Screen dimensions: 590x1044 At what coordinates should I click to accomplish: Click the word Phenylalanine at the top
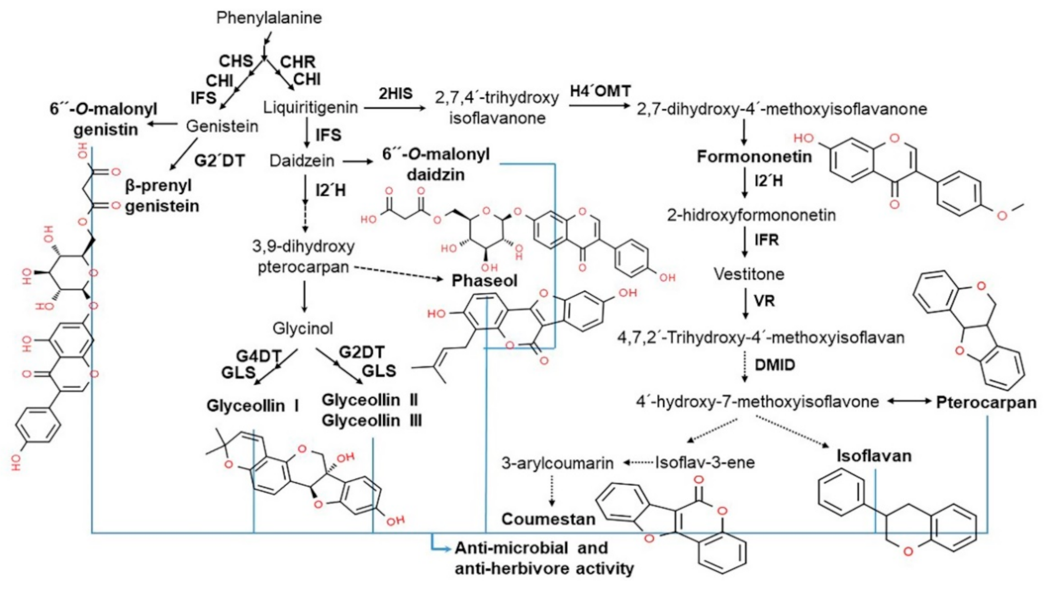click(268, 18)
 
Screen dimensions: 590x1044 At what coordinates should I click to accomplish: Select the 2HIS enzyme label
click(395, 93)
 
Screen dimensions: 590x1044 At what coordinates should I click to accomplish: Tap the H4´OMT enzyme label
click(600, 91)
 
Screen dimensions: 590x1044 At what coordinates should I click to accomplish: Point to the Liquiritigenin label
click(310, 107)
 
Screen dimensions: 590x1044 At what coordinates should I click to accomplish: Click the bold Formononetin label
click(754, 156)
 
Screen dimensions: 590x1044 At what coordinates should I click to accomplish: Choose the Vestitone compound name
click(748, 274)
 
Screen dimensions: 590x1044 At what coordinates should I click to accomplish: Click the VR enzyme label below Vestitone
click(764, 301)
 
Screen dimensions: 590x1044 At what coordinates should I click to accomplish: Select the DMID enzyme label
click(774, 365)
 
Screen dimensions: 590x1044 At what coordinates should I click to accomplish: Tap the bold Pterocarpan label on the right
click(986, 402)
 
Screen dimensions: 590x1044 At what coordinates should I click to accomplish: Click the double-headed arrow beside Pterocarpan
click(909, 401)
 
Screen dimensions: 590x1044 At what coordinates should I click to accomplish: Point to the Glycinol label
click(302, 328)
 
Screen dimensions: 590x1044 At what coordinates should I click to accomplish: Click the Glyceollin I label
click(252, 406)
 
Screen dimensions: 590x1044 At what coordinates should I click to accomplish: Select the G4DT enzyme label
click(258, 356)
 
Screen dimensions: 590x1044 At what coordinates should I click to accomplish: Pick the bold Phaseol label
click(484, 281)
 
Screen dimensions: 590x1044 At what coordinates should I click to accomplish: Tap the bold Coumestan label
click(548, 519)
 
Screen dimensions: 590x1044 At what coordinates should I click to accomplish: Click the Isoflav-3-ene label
click(704, 462)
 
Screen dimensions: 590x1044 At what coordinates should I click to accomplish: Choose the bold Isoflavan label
click(873, 455)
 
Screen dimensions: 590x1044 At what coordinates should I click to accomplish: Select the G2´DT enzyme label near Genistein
click(219, 160)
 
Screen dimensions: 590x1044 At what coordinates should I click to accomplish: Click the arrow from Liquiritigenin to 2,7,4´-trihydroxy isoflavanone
click(395, 108)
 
